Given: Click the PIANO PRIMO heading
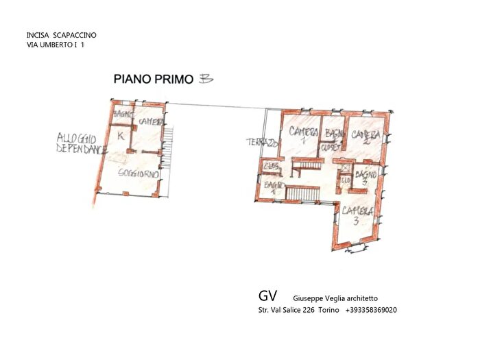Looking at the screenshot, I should coord(153,80).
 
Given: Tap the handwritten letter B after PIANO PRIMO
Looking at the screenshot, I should coord(205,79).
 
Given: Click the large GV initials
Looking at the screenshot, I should coord(267,296).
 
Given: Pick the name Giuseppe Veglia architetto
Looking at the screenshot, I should coord(335,298).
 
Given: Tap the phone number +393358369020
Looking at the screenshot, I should coord(371,310).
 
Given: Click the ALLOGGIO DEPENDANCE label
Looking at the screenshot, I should coord(81,143).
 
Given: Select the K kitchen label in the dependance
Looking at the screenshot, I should coord(121,136).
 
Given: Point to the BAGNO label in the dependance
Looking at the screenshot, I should coord(123,114).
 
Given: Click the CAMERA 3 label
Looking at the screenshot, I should coord(357,215).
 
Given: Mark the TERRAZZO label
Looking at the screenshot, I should coord(262,143).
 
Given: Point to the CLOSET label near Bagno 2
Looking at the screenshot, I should coord(334,146).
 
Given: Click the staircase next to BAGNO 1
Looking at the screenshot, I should coord(298,194).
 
